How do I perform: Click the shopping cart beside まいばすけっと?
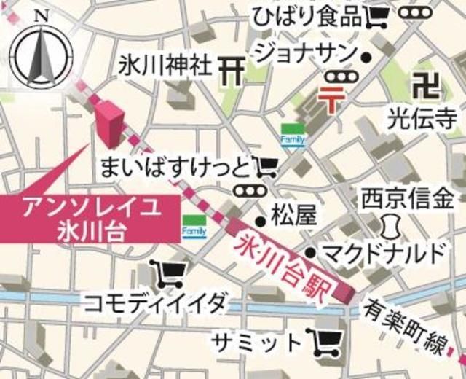265,168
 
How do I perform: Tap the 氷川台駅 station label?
291,262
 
